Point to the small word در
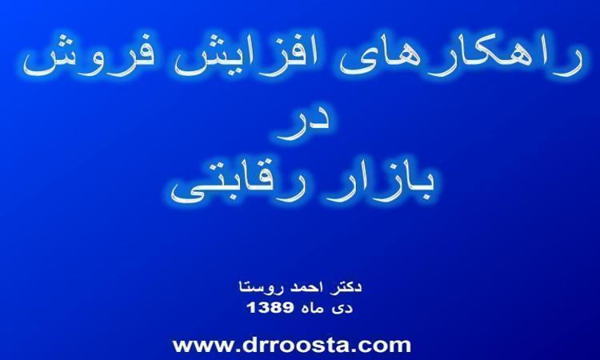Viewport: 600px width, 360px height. coord(301,123)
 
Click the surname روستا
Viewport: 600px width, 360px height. coord(261,287)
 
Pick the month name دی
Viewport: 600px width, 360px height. coord(343,308)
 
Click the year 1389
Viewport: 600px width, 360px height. coord(270,307)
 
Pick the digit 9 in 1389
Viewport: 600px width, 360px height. coord(288,307)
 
